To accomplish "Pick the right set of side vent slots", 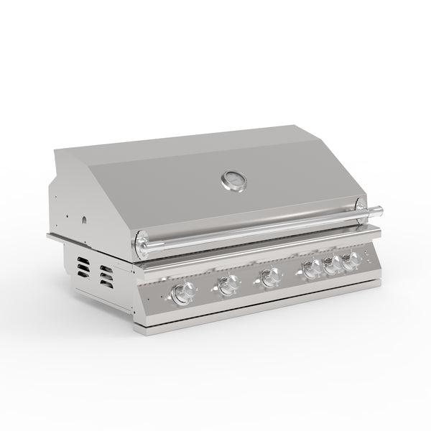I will tap(106, 277).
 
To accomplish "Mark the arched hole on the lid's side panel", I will tap(84, 218).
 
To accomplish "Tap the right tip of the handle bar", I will tap(380, 210).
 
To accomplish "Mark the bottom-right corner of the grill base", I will tap(379, 286).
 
